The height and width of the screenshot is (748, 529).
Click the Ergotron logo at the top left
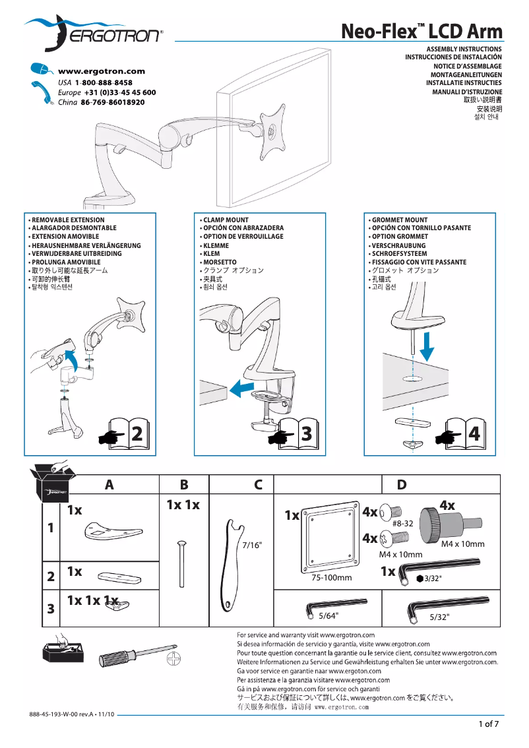pos(92,34)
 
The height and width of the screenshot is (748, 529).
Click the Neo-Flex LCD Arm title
pos(421,31)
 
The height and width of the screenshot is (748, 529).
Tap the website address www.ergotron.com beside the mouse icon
pos(102,71)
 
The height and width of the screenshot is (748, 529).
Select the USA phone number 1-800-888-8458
pos(104,82)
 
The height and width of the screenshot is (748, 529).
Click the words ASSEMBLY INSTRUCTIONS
pos(464,49)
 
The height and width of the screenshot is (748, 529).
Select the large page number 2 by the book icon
pos(137,434)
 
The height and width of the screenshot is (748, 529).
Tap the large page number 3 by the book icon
pos(306,434)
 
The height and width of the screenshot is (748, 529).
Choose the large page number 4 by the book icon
pos(474,434)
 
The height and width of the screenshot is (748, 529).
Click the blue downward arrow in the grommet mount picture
pos(427,346)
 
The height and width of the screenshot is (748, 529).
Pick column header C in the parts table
pos(259,485)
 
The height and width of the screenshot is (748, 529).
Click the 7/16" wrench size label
pos(252,545)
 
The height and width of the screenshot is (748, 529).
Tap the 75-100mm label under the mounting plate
pos(331,578)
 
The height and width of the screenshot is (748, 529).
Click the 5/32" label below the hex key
pos(439,617)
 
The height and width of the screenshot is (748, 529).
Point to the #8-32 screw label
pos(402,523)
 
